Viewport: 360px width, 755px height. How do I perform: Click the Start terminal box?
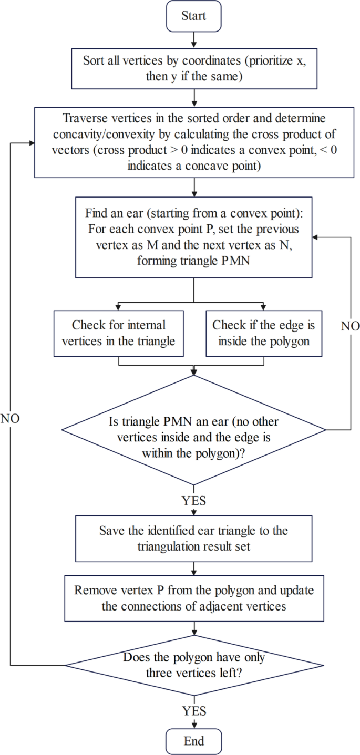194,15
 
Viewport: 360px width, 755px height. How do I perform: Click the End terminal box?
194,741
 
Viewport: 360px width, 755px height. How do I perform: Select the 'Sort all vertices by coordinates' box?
194,69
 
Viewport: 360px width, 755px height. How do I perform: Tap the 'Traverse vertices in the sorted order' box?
194,142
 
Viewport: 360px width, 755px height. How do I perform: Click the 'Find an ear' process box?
194,237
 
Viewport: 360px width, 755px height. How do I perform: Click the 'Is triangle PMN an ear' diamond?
194,429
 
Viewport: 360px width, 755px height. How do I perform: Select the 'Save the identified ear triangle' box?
194,539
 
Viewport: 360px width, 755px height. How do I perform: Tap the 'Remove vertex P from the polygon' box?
194,598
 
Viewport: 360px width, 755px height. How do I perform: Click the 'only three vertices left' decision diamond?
194,665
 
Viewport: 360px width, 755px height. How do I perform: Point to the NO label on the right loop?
349,326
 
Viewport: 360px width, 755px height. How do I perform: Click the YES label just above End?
194,711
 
